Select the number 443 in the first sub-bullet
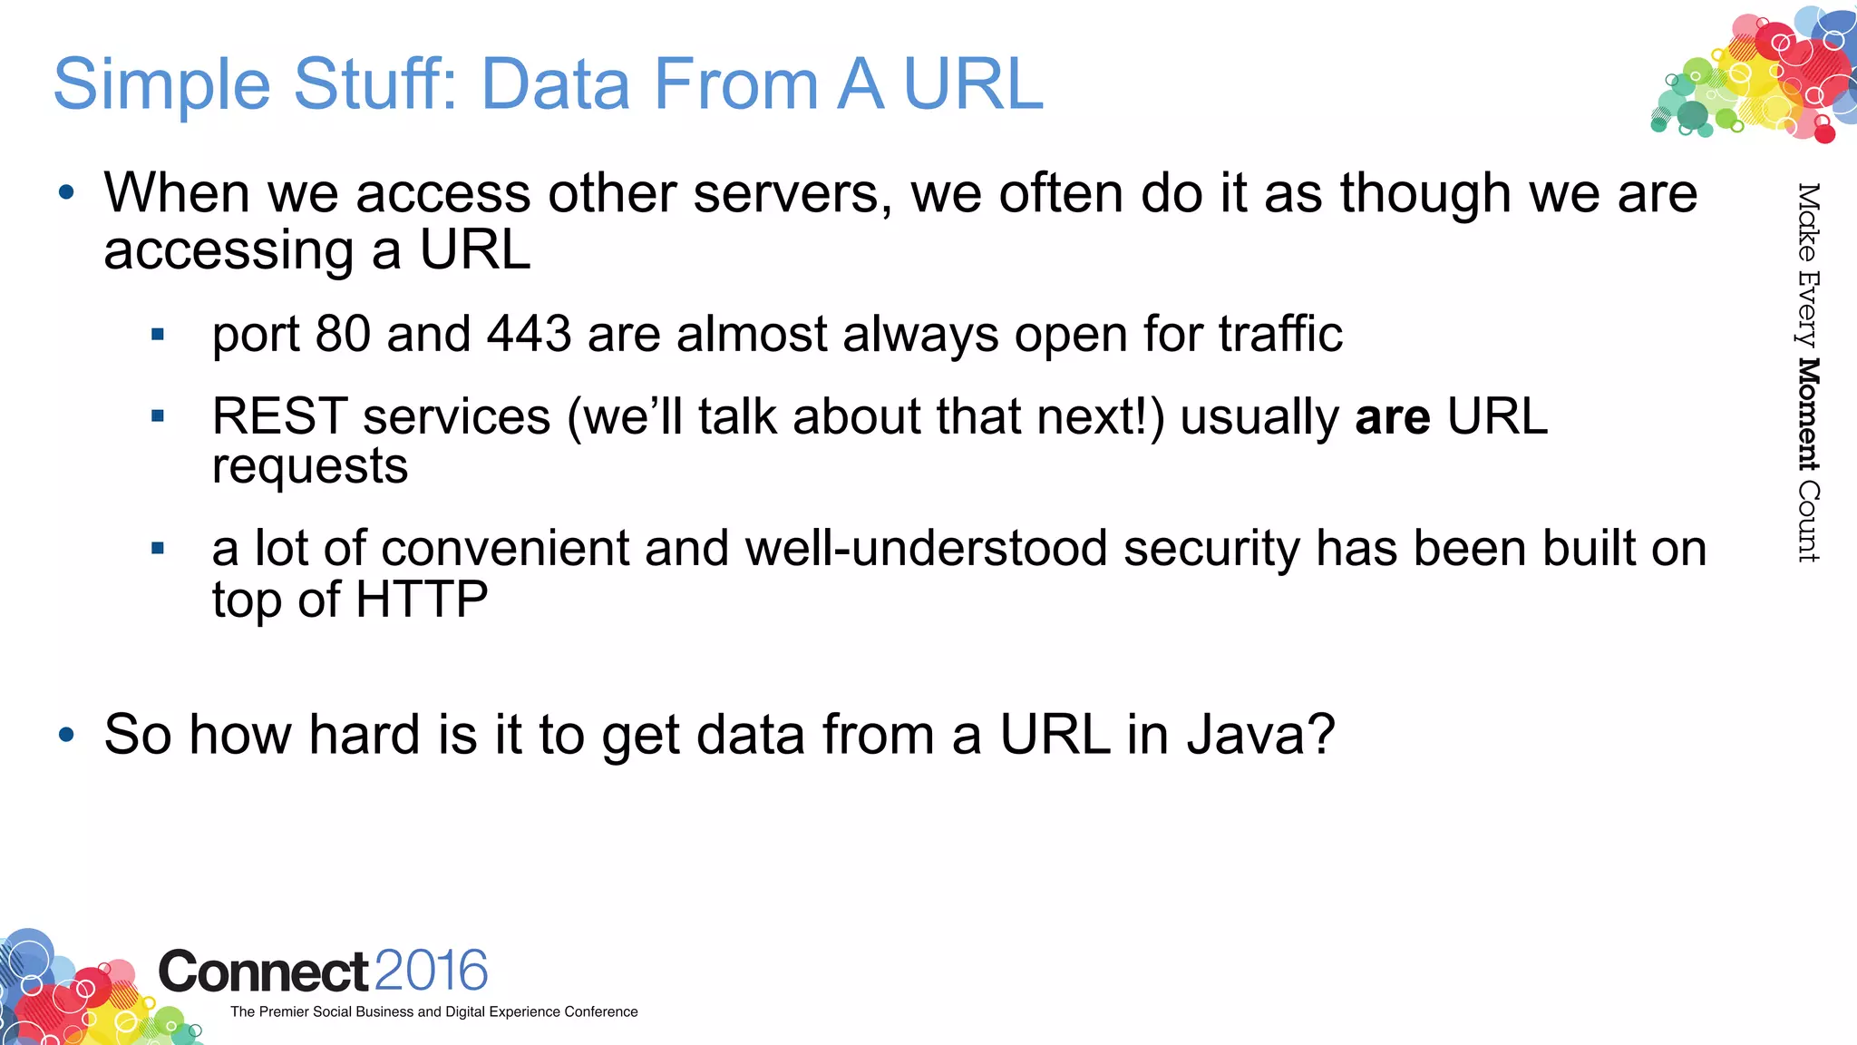(x=529, y=334)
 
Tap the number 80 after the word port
(x=342, y=334)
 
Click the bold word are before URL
(x=1392, y=417)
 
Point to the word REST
(x=279, y=417)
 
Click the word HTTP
(x=422, y=600)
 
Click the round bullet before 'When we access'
(x=66, y=192)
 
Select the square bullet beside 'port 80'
(x=158, y=335)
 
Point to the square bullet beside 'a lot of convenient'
(x=158, y=548)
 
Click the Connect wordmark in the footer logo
(x=263, y=972)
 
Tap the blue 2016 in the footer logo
(x=431, y=971)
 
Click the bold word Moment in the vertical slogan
(x=1808, y=414)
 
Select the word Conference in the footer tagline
(x=600, y=1012)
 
